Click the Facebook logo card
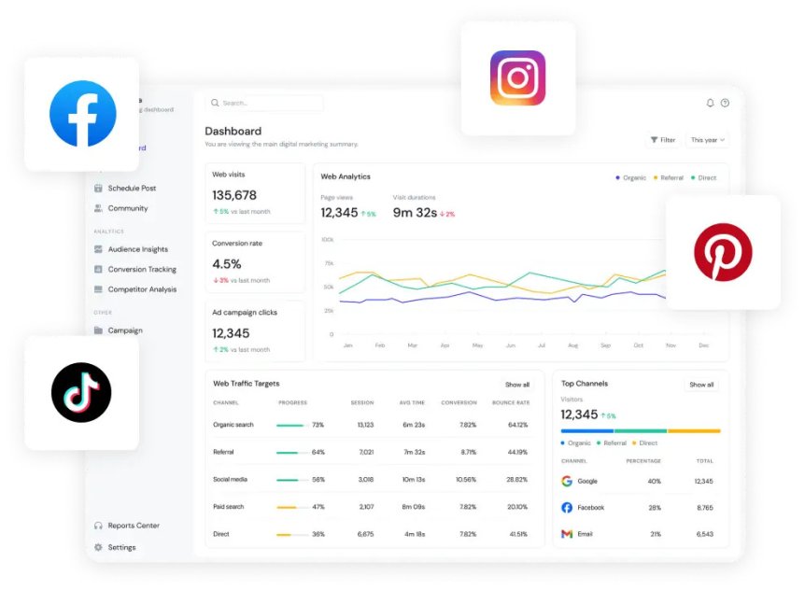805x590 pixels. [82, 114]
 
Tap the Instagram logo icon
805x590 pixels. [517, 77]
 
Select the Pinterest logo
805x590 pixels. [722, 252]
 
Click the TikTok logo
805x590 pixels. [81, 392]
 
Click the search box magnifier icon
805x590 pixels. [216, 104]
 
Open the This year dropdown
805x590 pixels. [707, 140]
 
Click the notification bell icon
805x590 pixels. [710, 103]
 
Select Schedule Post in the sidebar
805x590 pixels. [131, 189]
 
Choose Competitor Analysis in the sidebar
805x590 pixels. [142, 289]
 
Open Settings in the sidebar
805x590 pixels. [121, 547]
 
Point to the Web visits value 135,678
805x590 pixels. [234, 195]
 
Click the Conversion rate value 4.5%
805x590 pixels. [227, 264]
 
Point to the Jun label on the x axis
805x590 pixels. [510, 345]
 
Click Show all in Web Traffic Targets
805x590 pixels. [517, 385]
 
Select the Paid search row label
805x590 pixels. [230, 507]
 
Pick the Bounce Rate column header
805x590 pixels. [510, 402]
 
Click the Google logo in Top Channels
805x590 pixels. [567, 481]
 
